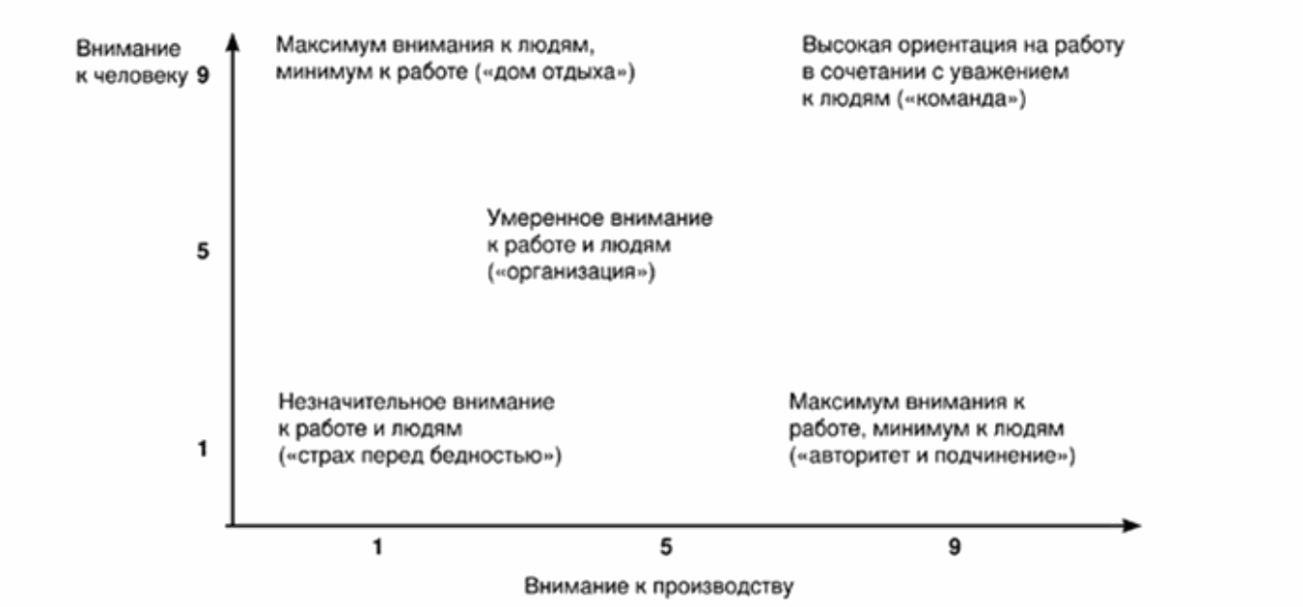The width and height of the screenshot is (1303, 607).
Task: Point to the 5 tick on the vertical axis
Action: click(204, 253)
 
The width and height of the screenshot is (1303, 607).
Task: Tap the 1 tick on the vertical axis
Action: click(204, 449)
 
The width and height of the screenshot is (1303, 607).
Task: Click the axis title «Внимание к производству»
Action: click(659, 586)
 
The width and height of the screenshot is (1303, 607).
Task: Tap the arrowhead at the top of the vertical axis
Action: click(232, 41)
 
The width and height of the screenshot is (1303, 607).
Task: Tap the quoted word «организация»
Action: click(572, 272)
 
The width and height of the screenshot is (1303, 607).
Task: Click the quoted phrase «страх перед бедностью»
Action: click(420, 455)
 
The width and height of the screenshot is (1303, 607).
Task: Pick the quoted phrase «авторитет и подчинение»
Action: click(931, 455)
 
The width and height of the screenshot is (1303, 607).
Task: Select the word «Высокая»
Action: click(838, 45)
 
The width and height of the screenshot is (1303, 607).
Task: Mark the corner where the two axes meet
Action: click(232, 526)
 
